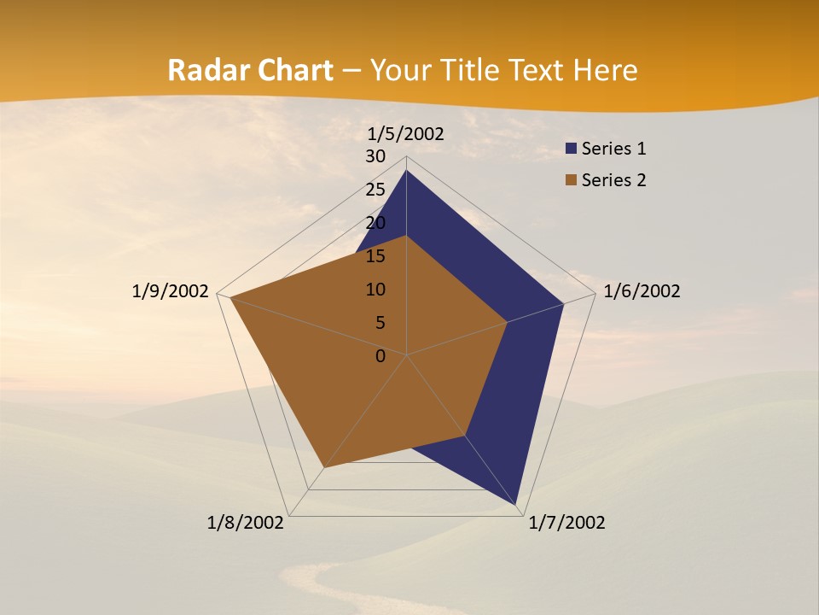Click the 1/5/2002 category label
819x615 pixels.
pyautogui.click(x=406, y=133)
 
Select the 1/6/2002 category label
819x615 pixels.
pyautogui.click(x=642, y=291)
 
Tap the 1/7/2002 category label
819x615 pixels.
pyautogui.click(x=566, y=523)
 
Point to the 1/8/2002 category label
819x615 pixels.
pyautogui.click(x=246, y=523)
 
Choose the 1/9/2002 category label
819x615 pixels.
pyautogui.click(x=171, y=291)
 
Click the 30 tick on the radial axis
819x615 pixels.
pyautogui.click(x=375, y=156)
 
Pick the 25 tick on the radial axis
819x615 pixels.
pyautogui.click(x=375, y=190)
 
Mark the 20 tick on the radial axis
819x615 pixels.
pyautogui.click(x=375, y=223)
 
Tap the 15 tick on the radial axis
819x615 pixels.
pyautogui.click(x=375, y=256)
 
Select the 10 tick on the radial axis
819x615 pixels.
pyautogui.click(x=375, y=290)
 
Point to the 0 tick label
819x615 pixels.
pyautogui.click(x=380, y=356)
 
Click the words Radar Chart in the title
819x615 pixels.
pyautogui.click(x=250, y=70)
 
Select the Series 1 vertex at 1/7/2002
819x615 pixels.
pyautogui.click(x=517, y=505)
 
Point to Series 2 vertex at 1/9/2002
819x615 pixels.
pyautogui.click(x=230, y=298)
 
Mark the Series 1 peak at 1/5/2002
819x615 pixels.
pyautogui.click(x=406, y=171)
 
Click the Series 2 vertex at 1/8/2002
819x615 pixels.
pyautogui.click(x=323, y=468)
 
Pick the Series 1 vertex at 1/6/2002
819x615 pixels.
pyautogui.click(x=563, y=303)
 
